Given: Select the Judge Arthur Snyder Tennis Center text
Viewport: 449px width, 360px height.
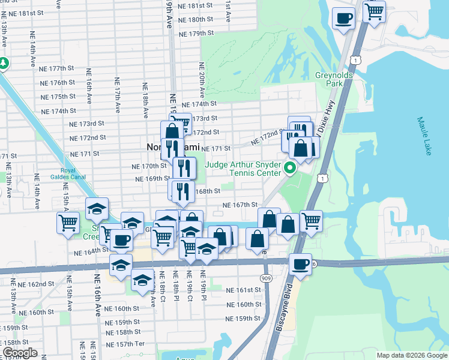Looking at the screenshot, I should point(243,169).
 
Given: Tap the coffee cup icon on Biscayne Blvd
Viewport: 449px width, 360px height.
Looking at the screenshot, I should point(300,264).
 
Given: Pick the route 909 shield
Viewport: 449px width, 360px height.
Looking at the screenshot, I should point(266,278).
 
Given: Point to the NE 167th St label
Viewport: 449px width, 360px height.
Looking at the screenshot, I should point(240,205).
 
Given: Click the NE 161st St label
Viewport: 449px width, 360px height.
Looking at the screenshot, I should point(243,290).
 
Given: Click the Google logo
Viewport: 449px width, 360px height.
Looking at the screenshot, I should point(20,353).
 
